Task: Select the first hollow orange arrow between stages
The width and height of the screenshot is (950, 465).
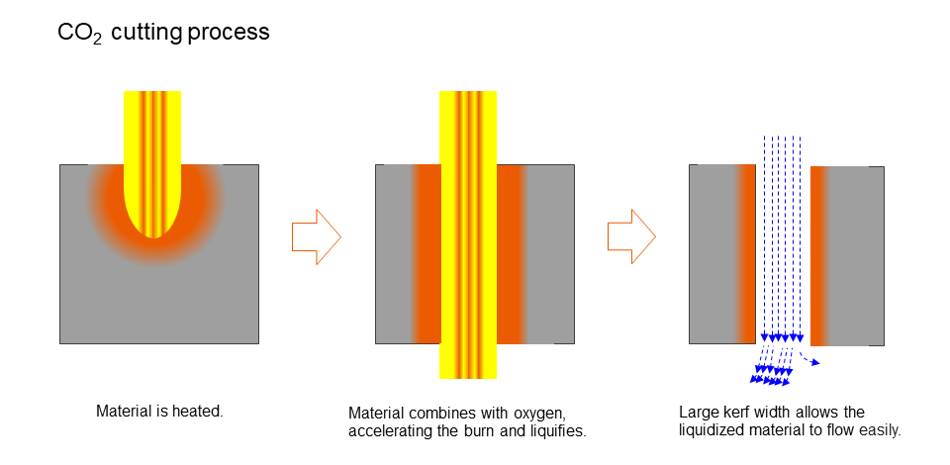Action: coord(316,236)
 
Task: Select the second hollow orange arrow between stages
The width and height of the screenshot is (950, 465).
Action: coord(630,236)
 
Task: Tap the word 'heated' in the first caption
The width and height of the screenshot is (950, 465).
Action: coord(200,410)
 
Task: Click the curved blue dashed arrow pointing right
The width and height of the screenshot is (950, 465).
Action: coord(809,359)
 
